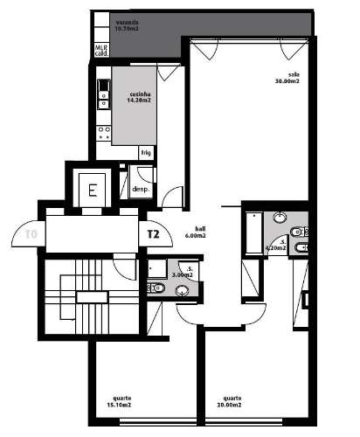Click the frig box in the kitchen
[x=146, y=152]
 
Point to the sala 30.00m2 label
[x=287, y=80]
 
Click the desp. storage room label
[x=139, y=189]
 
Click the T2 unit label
[x=153, y=234]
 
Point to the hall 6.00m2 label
[x=195, y=232]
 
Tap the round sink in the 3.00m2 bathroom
[x=183, y=291]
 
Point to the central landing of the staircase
[x=90, y=297]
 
